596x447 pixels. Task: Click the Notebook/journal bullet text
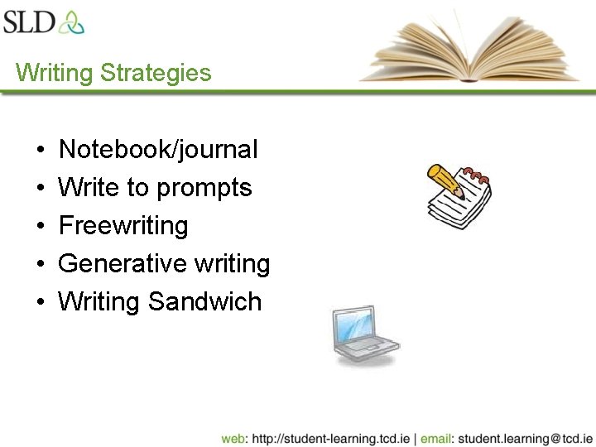tap(158, 150)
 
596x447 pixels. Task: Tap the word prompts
tap(204, 189)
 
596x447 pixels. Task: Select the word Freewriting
tap(123, 226)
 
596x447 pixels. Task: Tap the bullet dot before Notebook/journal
tap(41, 151)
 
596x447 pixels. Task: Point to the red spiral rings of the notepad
tap(477, 175)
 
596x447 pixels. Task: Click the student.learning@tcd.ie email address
tap(525, 438)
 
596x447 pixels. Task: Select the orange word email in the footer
tap(436, 438)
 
